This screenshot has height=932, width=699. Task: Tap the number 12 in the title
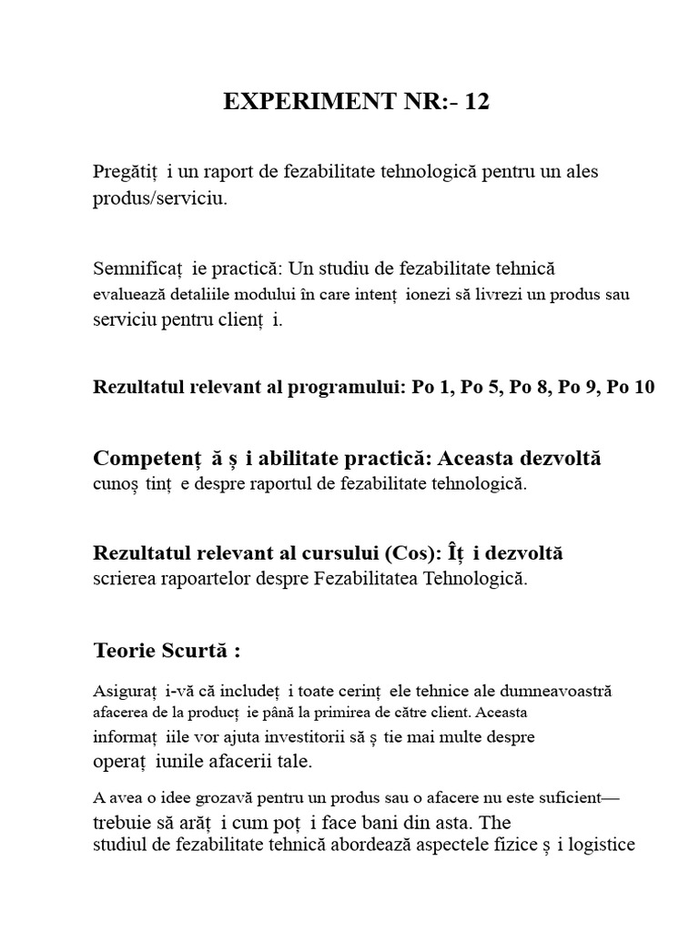coord(477,102)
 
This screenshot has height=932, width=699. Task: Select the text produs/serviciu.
coord(159,199)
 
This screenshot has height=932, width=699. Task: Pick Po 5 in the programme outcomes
coord(479,388)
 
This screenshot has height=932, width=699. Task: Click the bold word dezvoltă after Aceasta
coord(558,458)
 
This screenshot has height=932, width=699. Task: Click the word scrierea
coord(126,578)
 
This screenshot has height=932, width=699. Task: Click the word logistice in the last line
coord(602,846)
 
